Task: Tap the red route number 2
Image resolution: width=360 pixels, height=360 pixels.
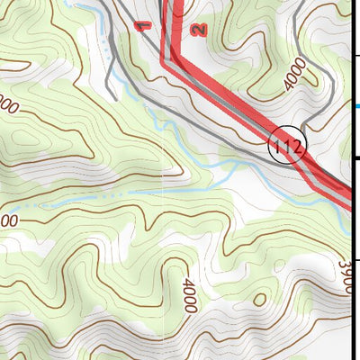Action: click(199, 29)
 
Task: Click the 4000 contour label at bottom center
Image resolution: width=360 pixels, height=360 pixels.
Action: click(188, 296)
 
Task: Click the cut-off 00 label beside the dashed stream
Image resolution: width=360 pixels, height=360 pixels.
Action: click(8, 221)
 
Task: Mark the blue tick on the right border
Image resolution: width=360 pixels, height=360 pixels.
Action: click(355, 106)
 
